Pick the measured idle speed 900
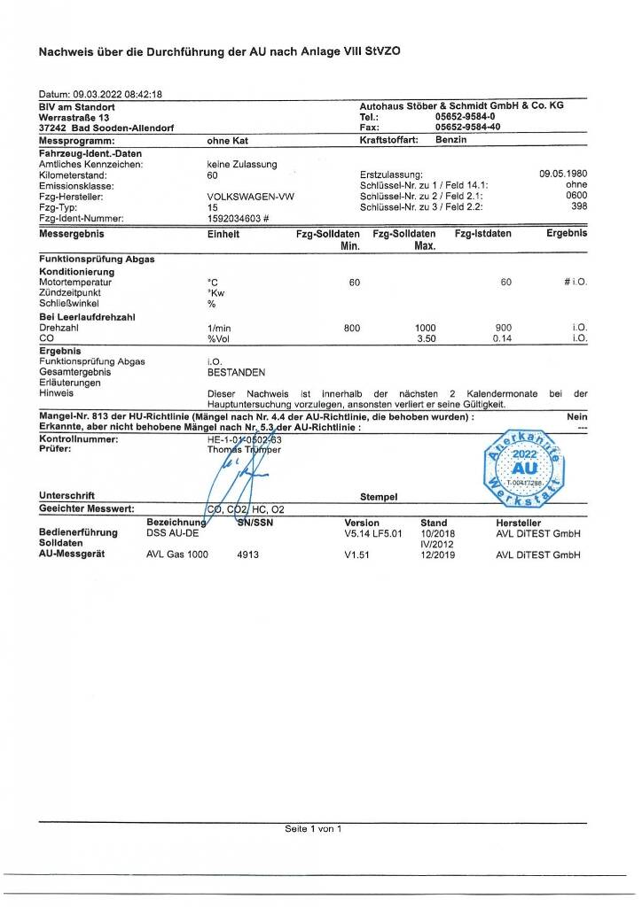coord(504,328)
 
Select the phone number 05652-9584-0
coord(466,116)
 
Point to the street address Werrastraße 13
coord(74,116)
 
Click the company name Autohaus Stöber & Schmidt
coord(462,105)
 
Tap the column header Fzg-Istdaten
coord(483,234)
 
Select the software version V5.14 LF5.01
coord(373,534)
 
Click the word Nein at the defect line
coord(577,415)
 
